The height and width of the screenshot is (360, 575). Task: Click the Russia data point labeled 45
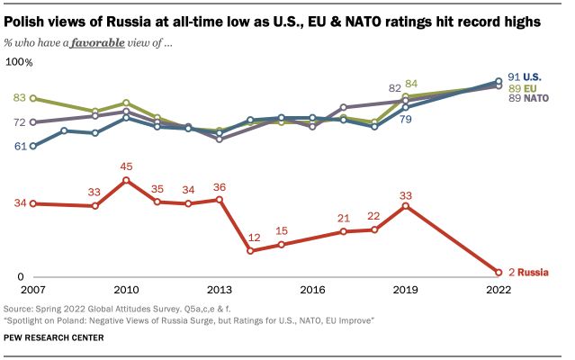126,180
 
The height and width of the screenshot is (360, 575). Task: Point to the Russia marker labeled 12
250,250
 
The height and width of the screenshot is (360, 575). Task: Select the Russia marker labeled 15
282,245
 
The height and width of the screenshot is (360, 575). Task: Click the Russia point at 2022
498,271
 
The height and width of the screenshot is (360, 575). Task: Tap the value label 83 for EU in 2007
19,97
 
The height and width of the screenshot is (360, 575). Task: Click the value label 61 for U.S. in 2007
19,145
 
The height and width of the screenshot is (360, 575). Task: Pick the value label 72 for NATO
19,121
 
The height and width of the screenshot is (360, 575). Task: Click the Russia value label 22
374,216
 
